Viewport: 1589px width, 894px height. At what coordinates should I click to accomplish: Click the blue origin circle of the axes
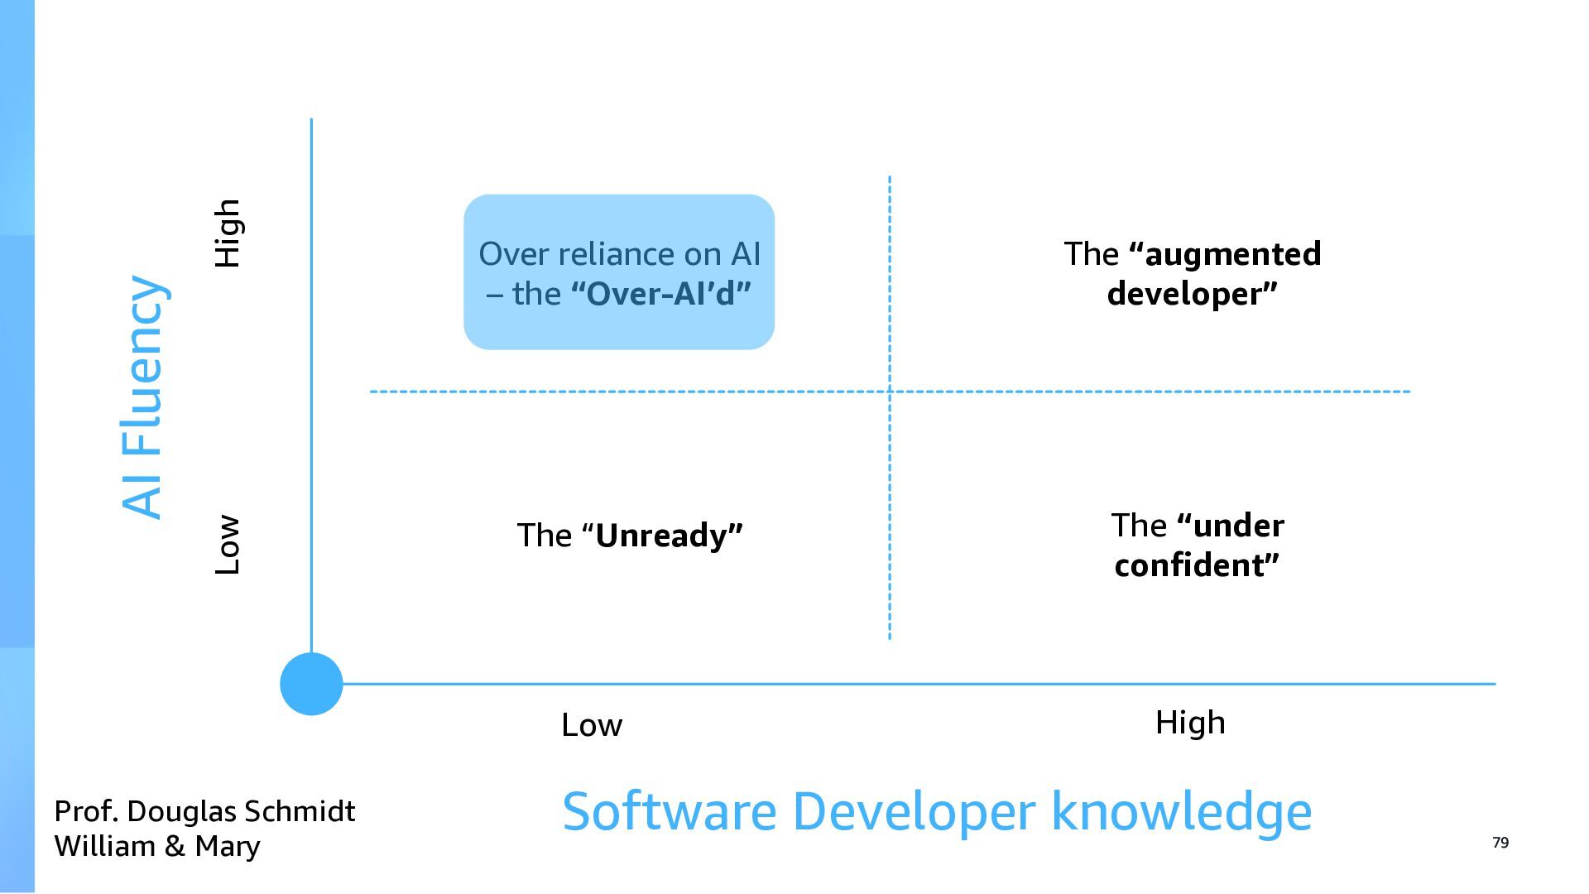tap(311, 684)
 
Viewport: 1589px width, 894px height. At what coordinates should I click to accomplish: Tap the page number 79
tap(1500, 843)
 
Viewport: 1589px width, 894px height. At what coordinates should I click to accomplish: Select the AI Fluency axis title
tap(143, 397)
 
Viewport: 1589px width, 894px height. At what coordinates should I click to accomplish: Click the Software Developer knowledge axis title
tap(936, 811)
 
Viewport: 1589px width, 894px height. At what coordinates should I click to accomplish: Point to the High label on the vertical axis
tap(227, 233)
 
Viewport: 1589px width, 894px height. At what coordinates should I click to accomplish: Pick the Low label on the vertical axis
tap(227, 545)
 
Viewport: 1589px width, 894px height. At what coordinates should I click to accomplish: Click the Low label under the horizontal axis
tap(591, 725)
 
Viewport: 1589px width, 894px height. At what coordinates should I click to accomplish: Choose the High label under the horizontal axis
tap(1189, 723)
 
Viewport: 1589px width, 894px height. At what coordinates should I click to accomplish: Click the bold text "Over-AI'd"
tap(661, 294)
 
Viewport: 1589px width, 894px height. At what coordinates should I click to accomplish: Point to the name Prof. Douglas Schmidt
tap(204, 811)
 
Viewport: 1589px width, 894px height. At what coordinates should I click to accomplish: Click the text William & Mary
tap(157, 846)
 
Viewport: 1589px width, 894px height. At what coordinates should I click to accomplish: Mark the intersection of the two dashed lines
tap(890, 391)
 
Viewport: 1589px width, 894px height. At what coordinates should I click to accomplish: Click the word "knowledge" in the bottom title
tap(1181, 811)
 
